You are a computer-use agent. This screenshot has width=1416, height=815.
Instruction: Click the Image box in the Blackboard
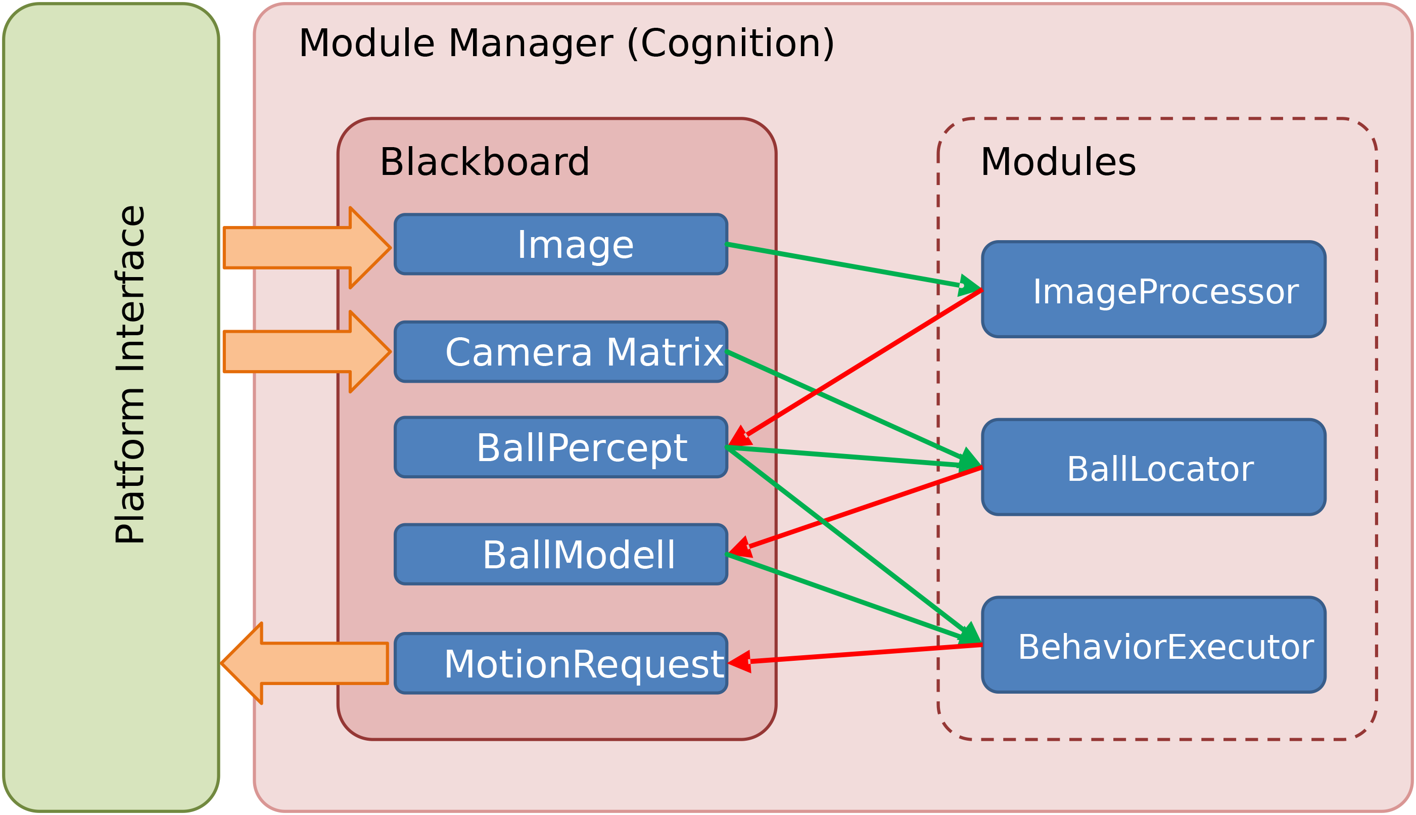(x=560, y=245)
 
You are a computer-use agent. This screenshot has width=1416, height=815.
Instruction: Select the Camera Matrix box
(x=560, y=352)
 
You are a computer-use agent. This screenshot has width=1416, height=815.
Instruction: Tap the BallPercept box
(x=560, y=448)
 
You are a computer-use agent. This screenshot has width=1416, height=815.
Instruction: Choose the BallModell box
(x=560, y=555)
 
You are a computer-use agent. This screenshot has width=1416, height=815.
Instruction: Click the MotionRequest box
(x=560, y=663)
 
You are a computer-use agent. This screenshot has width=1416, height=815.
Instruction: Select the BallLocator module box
(x=1154, y=467)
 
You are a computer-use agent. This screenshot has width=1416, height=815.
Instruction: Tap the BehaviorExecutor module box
(x=1154, y=645)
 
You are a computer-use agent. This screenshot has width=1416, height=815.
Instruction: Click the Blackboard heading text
(x=485, y=162)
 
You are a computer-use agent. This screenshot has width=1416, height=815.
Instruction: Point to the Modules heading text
(x=1058, y=162)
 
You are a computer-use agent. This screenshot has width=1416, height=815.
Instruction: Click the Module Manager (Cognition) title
(x=566, y=43)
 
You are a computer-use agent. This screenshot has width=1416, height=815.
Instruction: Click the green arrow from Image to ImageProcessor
(x=839, y=265)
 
